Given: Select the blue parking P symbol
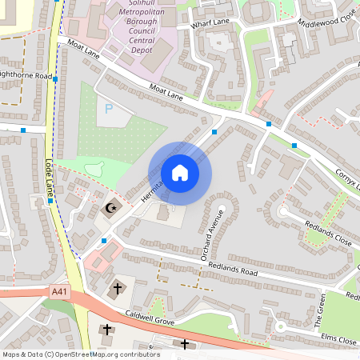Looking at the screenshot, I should pyautogui.click(x=110, y=108).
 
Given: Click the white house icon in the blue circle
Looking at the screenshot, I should pyautogui.click(x=180, y=173).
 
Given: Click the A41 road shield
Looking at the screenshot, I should pyautogui.click(x=58, y=292).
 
